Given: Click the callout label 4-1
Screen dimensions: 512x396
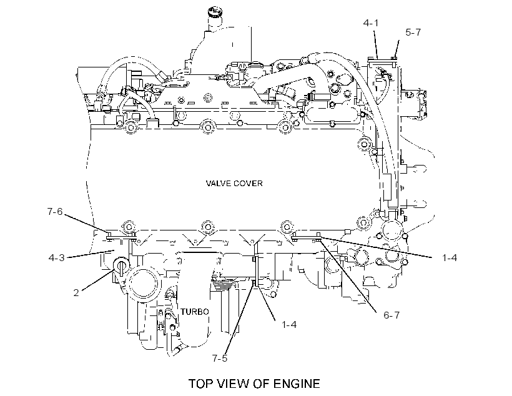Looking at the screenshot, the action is pyautogui.click(x=371, y=23).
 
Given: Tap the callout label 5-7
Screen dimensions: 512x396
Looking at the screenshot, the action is pyautogui.click(x=413, y=32).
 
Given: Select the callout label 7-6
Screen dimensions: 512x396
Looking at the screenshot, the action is pyautogui.click(x=55, y=212).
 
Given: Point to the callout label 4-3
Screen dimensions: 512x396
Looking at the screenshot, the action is pyautogui.click(x=56, y=258).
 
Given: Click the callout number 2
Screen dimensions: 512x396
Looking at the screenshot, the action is pyautogui.click(x=76, y=293).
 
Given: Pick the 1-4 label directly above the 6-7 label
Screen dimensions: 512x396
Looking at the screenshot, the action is pyautogui.click(x=450, y=258).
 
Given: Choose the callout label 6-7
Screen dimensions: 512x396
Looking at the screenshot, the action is pyautogui.click(x=391, y=315).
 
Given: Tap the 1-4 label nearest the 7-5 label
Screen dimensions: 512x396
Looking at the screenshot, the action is pyautogui.click(x=289, y=325).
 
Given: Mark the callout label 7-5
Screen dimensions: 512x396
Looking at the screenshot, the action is pyautogui.click(x=219, y=359).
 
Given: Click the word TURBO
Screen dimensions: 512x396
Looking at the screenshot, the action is pyautogui.click(x=195, y=312).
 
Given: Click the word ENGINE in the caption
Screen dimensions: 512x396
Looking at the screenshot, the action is pyautogui.click(x=297, y=384).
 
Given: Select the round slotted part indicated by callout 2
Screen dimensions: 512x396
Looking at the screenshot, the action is pyautogui.click(x=121, y=265).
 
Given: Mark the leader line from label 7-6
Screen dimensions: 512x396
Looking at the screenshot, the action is pyautogui.click(x=86, y=223).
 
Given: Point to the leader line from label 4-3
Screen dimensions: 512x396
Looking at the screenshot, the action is pyautogui.click(x=91, y=254).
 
